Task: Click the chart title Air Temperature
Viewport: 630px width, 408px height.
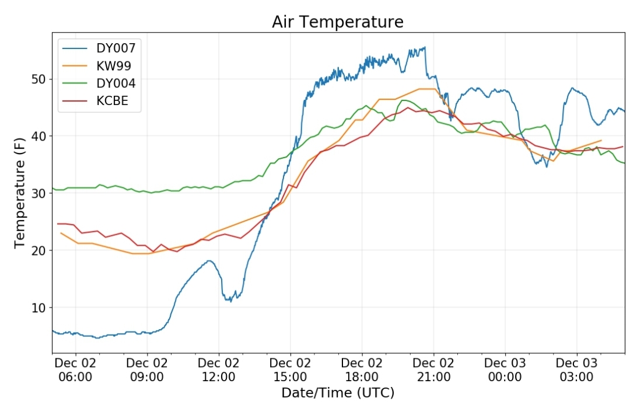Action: tap(338, 22)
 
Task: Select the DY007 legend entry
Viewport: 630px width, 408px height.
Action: tap(116, 48)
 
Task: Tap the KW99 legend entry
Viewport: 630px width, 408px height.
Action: tap(114, 66)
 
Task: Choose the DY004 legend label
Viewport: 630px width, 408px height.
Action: tap(116, 83)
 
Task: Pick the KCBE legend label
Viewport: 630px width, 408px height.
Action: tap(112, 100)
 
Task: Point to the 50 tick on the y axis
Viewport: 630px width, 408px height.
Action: tap(38, 79)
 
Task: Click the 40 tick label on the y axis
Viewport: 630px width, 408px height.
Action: tap(38, 136)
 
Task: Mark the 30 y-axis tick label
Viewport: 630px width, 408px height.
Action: tap(38, 193)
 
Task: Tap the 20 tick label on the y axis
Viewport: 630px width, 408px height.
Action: tap(38, 250)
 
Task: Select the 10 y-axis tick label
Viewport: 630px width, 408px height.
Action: tap(38, 308)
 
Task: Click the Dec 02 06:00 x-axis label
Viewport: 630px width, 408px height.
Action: tap(75, 370)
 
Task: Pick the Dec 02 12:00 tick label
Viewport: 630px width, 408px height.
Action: tap(219, 370)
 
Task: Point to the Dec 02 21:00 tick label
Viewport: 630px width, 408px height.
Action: tap(433, 370)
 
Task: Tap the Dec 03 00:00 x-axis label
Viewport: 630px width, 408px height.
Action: tap(505, 370)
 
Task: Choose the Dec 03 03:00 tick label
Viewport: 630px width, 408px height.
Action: tap(576, 370)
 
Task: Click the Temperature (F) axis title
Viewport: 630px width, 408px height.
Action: tap(20, 193)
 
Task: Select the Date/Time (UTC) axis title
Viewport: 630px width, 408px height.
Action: tap(338, 393)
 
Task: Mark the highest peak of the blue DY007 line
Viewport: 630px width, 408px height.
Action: tap(425, 47)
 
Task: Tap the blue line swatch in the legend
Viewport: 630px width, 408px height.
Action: tap(75, 48)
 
